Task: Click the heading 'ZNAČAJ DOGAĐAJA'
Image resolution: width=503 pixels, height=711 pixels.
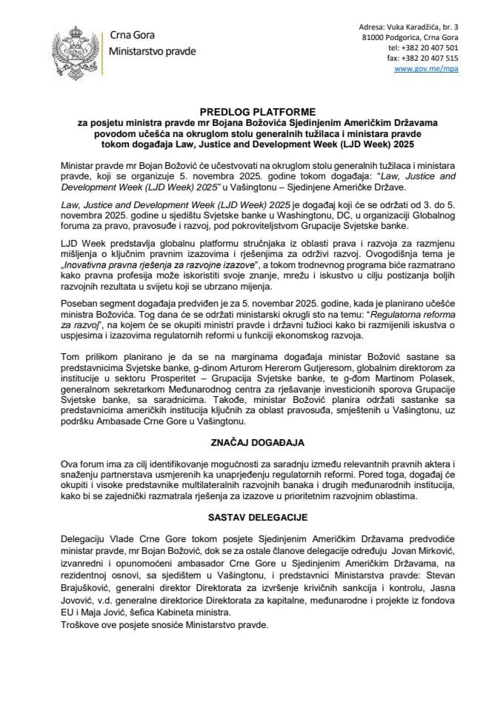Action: point(251,442)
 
